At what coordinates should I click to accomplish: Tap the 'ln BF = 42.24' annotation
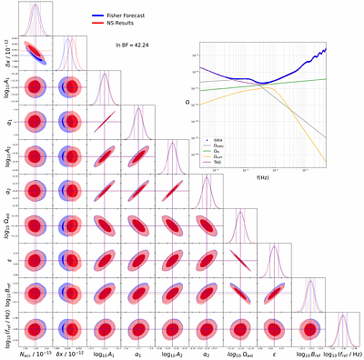point(133,44)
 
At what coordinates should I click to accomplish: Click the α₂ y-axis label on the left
point(6,192)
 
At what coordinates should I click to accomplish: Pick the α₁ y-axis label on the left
point(6,123)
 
